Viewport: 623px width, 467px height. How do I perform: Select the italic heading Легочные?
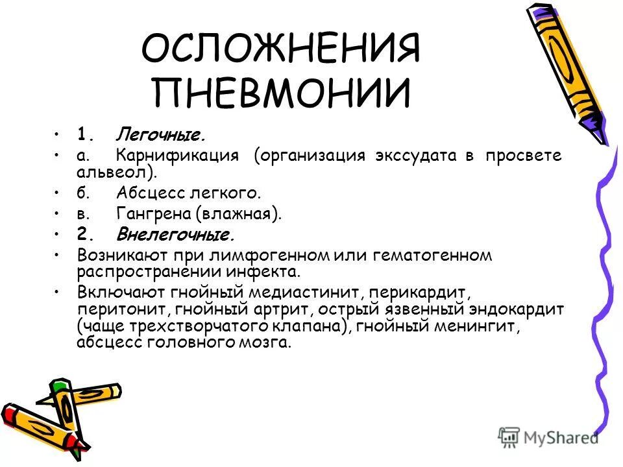(x=161, y=135)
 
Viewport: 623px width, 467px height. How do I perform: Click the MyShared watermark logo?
(x=549, y=436)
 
